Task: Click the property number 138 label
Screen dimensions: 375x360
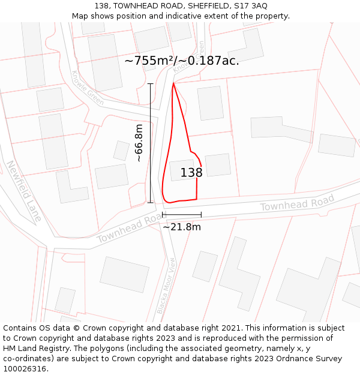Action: pos(191,173)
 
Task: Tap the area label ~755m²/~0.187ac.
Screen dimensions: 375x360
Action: pos(182,61)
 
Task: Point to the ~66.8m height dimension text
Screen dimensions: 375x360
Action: pos(139,143)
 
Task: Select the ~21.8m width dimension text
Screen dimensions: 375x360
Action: pos(182,227)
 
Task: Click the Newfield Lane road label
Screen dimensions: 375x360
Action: pos(24,191)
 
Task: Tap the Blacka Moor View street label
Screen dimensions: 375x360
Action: pos(166,286)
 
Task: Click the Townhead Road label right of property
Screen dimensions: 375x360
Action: pos(297,203)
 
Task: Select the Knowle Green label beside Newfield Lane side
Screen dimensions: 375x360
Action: pos(88,88)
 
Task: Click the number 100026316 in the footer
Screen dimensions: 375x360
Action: pos(26,369)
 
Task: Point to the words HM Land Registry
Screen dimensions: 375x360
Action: pos(37,349)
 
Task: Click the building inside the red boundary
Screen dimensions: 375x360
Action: pos(181,170)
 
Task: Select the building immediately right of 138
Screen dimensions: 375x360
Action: pos(218,165)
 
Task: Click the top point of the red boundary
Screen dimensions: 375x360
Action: pos(173,83)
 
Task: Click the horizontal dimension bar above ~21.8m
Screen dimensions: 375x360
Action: pos(182,214)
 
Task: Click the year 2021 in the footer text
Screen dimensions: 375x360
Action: pos(231,328)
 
